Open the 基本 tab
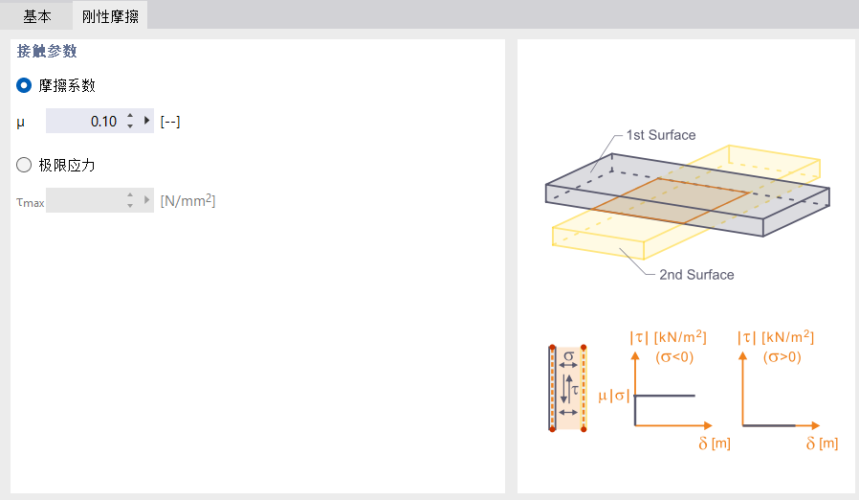36,16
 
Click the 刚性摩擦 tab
109,16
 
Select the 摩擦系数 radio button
25,85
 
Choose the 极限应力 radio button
25,165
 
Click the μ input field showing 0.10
84,122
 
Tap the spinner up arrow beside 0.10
130,116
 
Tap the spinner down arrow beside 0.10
130,126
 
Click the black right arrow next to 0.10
146,121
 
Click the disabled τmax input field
84,201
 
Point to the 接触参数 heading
47,52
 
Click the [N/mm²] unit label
187,201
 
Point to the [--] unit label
170,122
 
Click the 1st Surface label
661,135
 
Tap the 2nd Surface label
696,275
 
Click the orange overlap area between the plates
670,201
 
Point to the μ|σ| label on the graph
613,395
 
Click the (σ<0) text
674,357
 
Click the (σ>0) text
782,357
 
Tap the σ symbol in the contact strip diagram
568,356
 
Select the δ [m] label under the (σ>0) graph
822,443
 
